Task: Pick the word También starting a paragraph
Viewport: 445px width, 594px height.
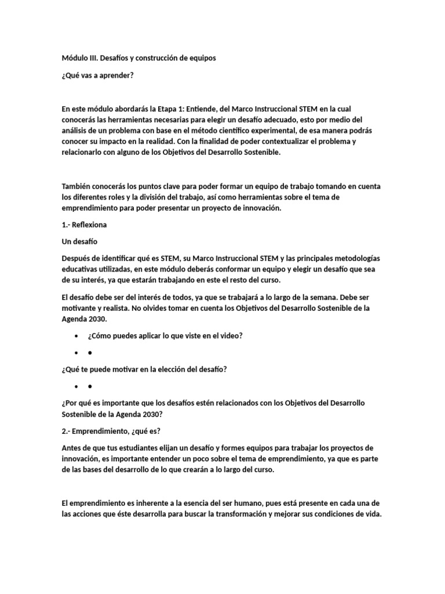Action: coord(78,186)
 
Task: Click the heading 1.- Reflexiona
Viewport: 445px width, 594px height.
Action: coord(84,224)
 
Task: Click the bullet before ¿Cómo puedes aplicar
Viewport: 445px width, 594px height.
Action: coord(76,336)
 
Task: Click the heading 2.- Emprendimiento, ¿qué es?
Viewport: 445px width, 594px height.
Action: coord(111,430)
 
